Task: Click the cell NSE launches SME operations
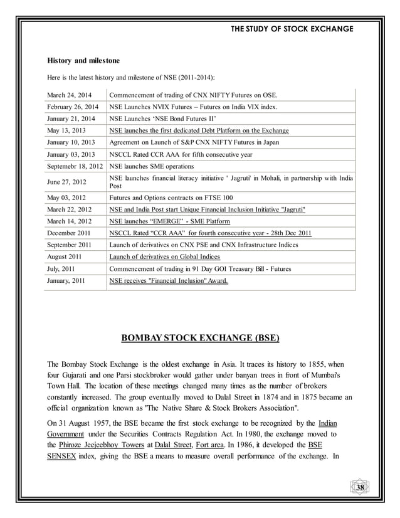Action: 152,167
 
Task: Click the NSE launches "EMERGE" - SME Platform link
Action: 169,221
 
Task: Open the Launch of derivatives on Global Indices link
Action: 164,257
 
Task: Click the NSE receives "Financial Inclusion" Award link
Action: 169,281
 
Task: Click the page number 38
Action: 360,489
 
